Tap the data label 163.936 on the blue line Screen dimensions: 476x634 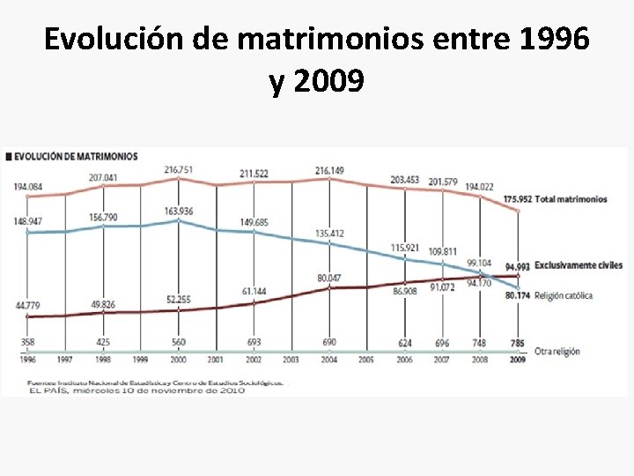point(179,212)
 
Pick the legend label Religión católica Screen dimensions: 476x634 point(563,295)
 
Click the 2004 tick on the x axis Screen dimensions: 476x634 point(330,361)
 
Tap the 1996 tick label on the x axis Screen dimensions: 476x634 point(27,361)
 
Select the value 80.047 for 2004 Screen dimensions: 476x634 point(329,278)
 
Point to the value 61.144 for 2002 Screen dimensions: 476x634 point(254,290)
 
